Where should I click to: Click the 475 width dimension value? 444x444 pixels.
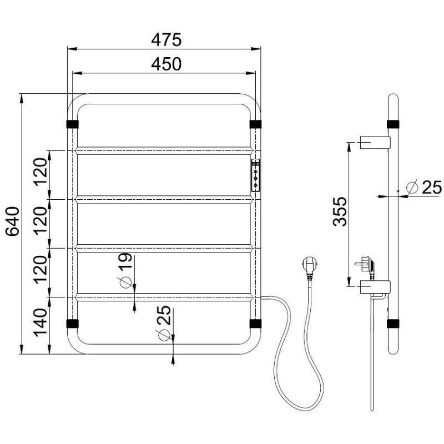[166, 40]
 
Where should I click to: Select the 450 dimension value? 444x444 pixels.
[166, 64]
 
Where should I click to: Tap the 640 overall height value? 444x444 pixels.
[13, 221]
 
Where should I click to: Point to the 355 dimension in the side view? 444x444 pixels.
[340, 212]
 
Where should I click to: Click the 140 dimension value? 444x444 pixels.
[40, 322]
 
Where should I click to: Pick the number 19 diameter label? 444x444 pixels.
[125, 261]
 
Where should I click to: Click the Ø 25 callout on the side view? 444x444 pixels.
[424, 187]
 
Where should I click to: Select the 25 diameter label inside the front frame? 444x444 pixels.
[164, 315]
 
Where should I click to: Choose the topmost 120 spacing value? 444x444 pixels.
[40, 171]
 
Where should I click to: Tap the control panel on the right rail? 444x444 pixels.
[255, 175]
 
